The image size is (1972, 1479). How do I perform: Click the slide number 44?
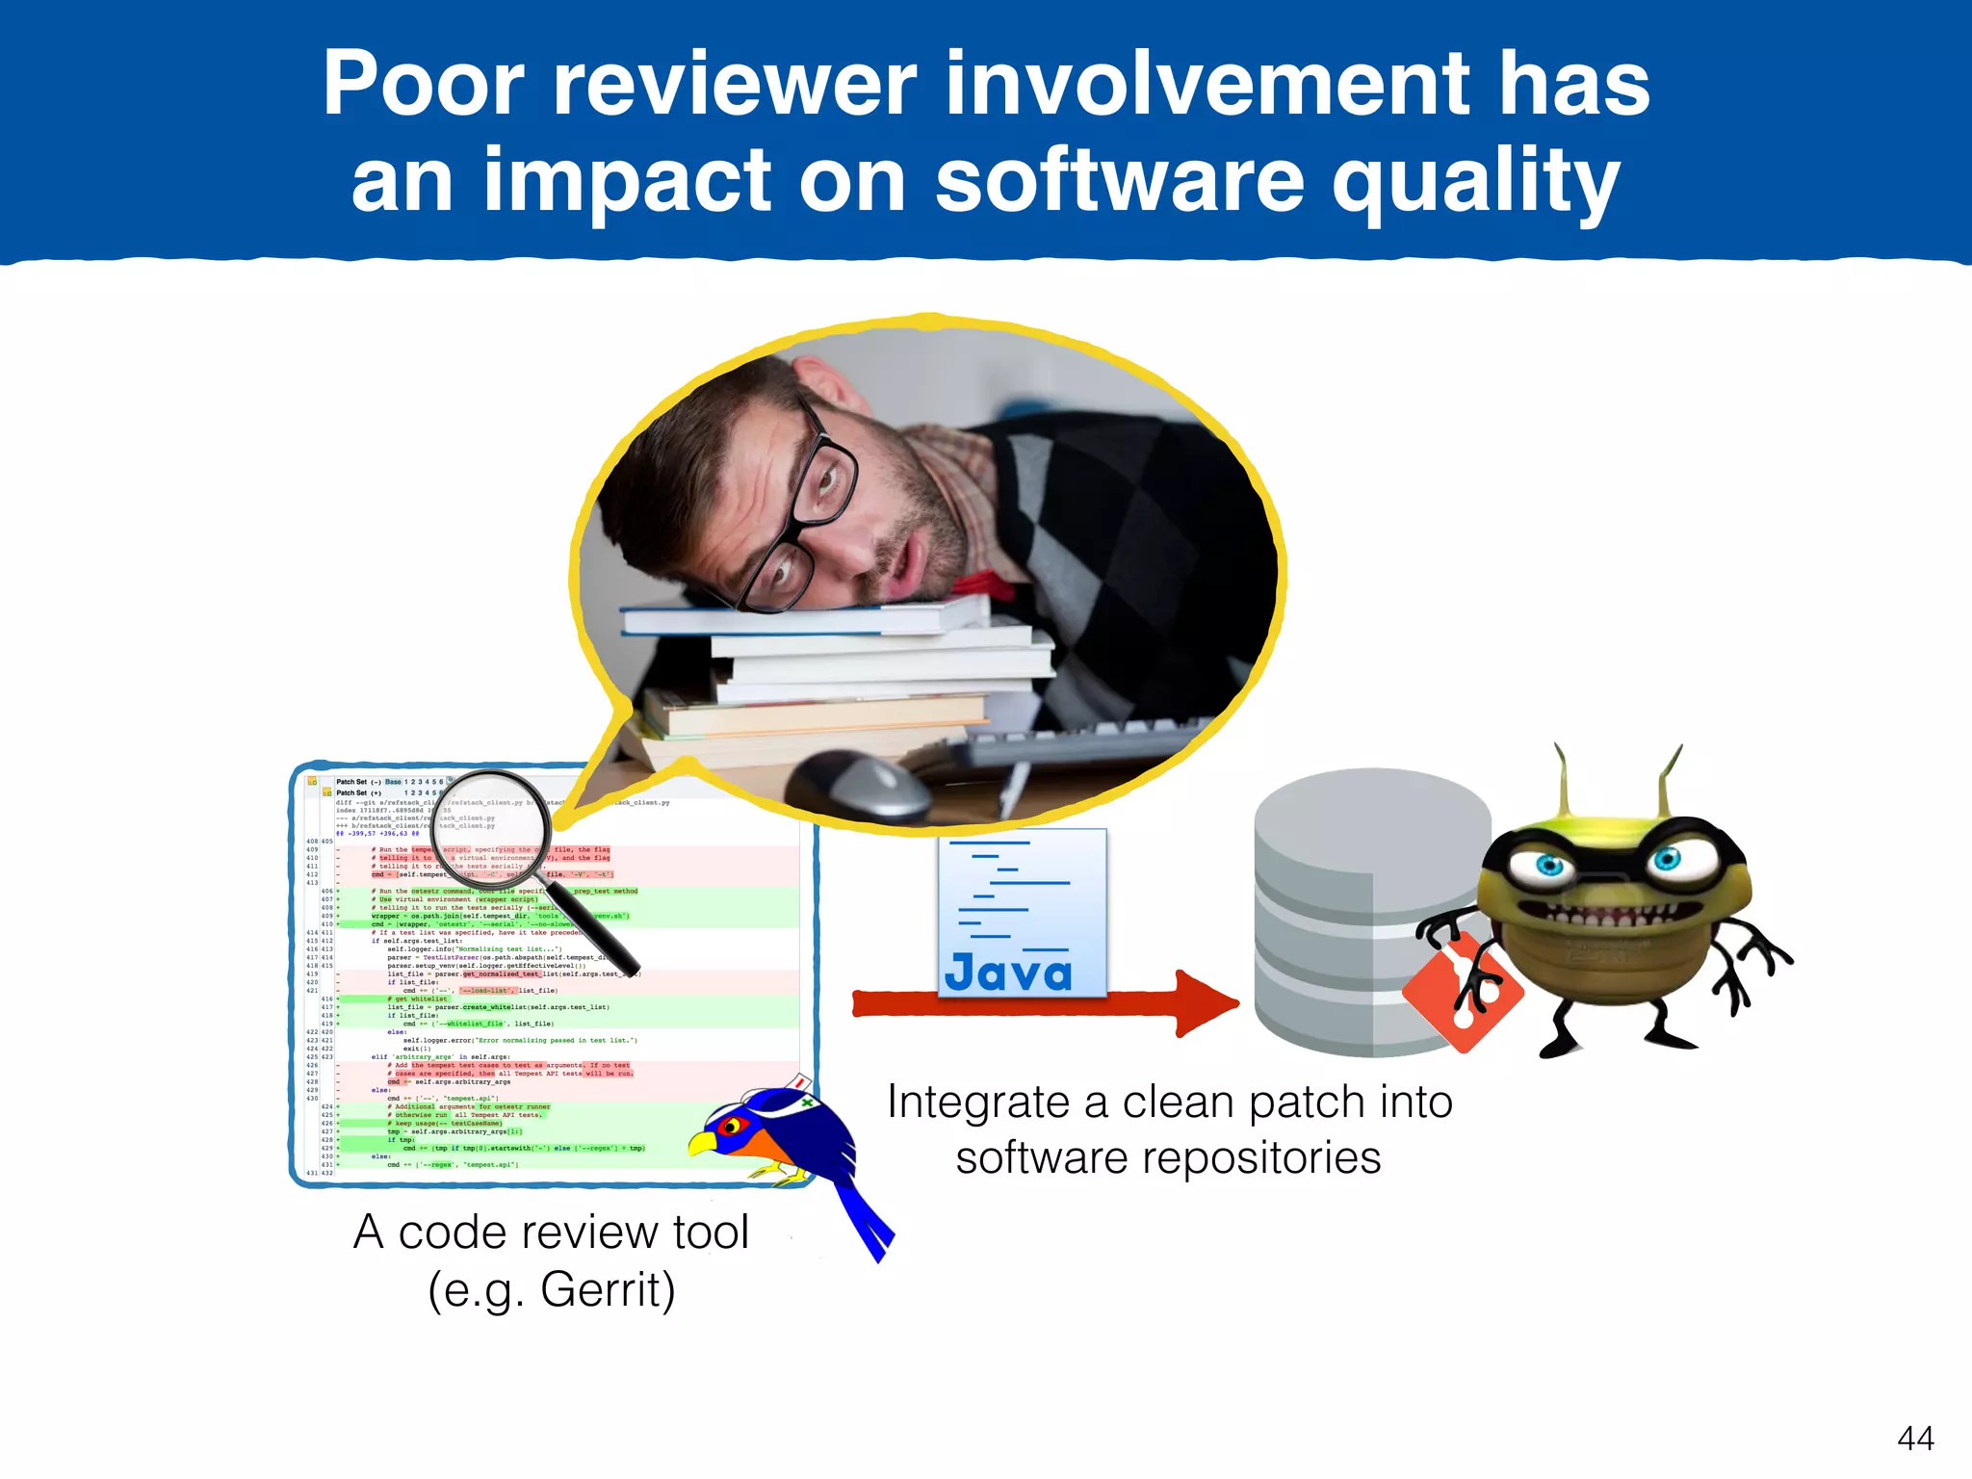[1915, 1439]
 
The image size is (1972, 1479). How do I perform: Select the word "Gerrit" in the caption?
[608, 1289]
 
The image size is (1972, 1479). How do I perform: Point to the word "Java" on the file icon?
[1008, 972]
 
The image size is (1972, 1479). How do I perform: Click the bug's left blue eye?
[1548, 865]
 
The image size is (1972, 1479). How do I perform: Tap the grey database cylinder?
[1348, 915]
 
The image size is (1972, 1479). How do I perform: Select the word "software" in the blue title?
[1120, 181]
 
